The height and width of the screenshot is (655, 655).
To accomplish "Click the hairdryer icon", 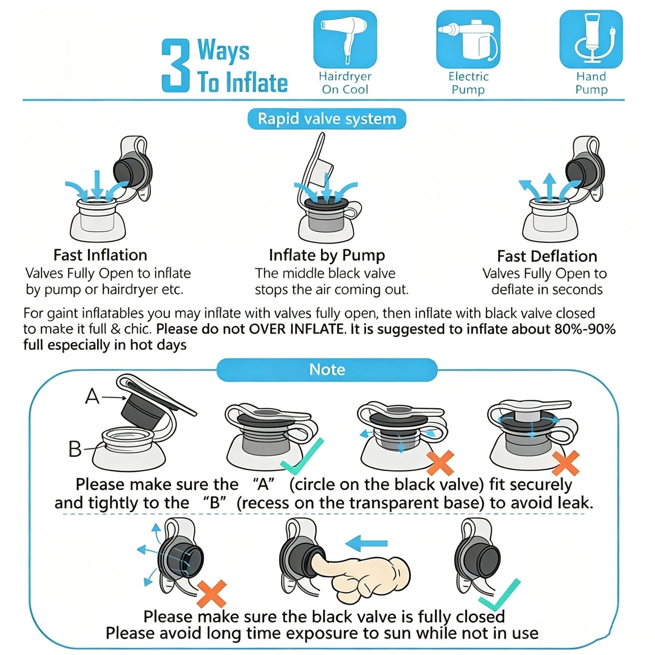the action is pos(345,39).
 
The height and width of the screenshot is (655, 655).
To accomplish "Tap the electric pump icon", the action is pos(468,39).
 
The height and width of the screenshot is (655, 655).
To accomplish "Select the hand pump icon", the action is pos(591,39).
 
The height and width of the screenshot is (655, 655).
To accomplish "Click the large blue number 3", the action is pos(175,65).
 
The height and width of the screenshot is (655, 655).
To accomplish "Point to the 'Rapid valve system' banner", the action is pos(327,119).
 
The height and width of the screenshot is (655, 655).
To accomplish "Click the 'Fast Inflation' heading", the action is pos(100,255).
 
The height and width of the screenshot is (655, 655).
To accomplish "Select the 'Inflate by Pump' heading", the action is pos(327,256).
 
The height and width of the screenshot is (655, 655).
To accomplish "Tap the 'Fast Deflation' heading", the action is pos(547,256).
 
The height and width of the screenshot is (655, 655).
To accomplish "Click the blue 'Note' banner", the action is pos(327,370).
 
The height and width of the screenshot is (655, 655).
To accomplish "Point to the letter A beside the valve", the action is pos(92,396).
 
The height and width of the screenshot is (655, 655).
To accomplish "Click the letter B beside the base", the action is pos(75,449).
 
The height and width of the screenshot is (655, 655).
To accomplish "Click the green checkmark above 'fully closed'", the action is pos(500,595).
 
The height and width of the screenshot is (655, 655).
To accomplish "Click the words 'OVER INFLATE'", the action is pos(296,329).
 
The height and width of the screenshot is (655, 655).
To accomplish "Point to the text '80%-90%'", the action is pos(585,329).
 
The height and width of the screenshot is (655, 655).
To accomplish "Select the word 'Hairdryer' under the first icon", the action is pos(345,76).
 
